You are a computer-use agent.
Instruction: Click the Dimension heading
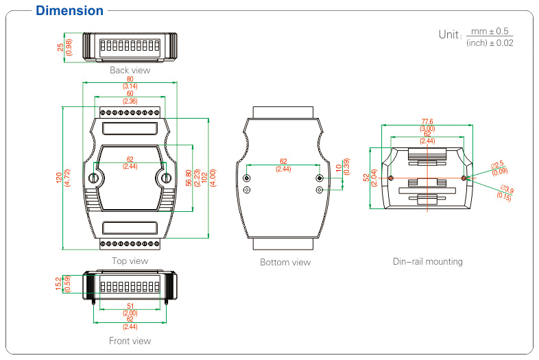[69, 11]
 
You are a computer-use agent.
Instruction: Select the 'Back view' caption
[130, 70]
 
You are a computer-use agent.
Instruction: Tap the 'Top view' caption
[130, 261]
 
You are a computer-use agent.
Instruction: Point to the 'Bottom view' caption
[285, 262]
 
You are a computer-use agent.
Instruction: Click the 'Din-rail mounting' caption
[427, 261]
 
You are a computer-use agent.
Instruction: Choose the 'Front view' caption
[130, 341]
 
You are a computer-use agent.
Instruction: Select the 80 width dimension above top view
[130, 79]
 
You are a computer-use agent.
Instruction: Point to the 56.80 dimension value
[189, 177]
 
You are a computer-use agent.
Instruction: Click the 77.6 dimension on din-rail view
[427, 121]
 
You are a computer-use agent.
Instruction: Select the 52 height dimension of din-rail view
[366, 177]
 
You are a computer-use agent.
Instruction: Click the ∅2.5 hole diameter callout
[498, 165]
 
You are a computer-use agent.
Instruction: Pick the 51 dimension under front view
[130, 307]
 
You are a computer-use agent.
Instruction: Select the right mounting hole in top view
[165, 179]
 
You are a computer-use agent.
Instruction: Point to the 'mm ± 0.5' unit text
[492, 32]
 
